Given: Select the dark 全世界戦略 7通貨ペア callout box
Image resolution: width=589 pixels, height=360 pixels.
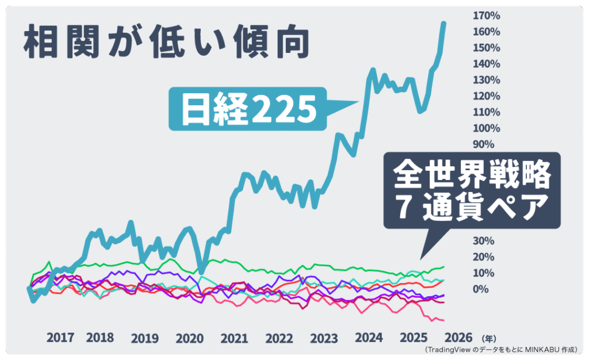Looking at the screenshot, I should coord(471,192).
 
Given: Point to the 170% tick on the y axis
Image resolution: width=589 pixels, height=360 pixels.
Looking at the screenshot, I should coord(486,15).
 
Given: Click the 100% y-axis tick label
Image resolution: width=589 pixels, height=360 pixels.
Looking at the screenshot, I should coord(486,128).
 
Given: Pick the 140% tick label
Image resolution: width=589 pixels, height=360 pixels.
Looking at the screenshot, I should coord(486,63).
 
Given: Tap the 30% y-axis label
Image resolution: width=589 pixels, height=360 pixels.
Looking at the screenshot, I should coord(483,240).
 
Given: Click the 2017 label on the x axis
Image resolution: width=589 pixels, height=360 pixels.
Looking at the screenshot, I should coord(60,338).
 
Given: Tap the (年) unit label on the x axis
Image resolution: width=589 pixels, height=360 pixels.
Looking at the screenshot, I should coord(488,338).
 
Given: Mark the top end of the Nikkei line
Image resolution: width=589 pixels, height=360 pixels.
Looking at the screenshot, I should coord(443,23).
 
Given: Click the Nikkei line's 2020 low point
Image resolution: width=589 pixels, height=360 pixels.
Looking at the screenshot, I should coord(201,270).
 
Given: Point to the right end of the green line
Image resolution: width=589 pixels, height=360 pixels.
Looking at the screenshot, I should coord(443,267).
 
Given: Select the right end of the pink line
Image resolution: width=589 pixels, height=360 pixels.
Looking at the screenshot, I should coord(443,320).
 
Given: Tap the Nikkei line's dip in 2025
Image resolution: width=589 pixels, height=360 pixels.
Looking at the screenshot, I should coord(420,110).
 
